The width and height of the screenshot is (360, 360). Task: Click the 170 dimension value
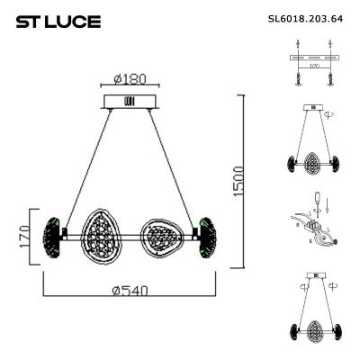(x=25, y=238)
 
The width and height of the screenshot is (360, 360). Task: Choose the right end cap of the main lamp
(x=209, y=237)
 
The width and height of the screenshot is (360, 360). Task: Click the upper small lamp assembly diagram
(x=315, y=144)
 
